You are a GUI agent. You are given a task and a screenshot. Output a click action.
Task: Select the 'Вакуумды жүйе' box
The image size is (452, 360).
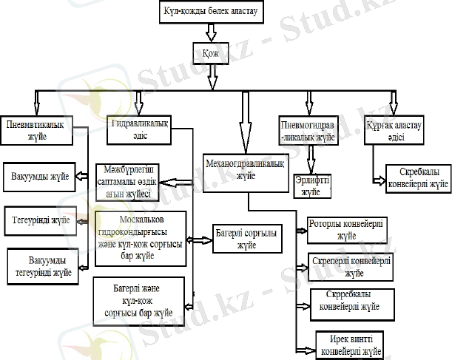(x=41, y=177)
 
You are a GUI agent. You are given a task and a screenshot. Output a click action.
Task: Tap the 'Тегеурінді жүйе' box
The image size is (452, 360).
(x=41, y=220)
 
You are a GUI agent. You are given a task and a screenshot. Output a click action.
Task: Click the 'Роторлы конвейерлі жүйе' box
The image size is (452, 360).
(x=347, y=231)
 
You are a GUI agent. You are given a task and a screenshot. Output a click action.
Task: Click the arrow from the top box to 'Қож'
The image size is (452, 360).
(x=211, y=32)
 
